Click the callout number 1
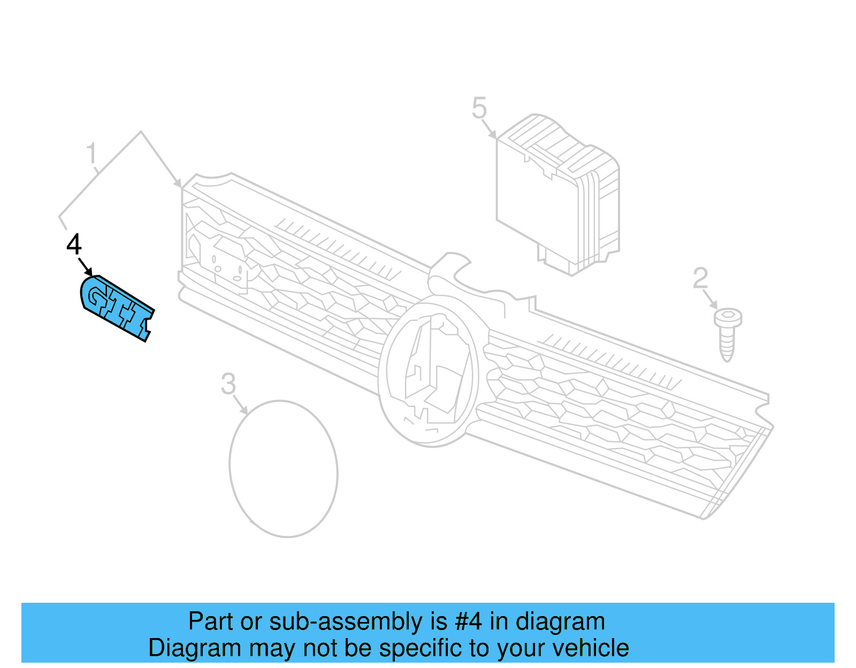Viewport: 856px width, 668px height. tap(92, 153)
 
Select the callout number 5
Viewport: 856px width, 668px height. tap(479, 108)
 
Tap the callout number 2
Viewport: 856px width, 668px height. tap(700, 278)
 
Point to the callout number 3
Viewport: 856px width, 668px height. tap(228, 384)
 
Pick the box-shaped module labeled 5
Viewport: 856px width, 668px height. tap(558, 195)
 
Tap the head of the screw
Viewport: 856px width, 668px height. tap(728, 317)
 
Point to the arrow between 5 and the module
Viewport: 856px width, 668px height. tap(489, 129)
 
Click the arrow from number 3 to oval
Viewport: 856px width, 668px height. tap(241, 405)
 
